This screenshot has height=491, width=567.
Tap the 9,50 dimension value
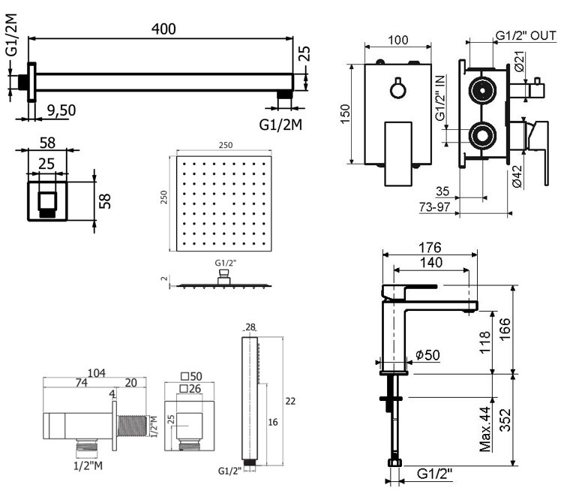click(61, 110)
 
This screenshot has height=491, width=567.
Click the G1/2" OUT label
click(526, 35)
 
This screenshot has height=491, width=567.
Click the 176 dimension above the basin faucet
click(430, 247)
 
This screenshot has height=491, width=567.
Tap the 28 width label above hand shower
click(250, 327)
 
